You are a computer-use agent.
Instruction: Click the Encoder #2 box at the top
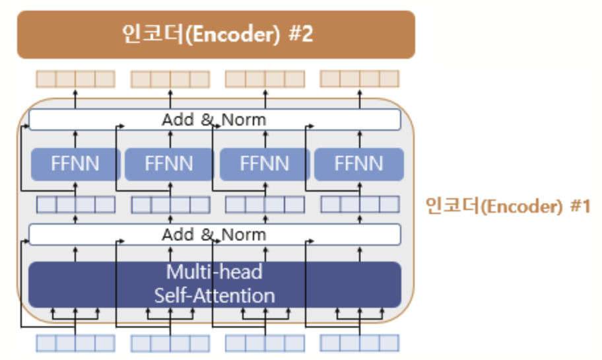point(216,34)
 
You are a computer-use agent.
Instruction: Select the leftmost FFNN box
point(75,164)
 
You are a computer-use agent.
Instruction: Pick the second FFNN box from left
point(170,164)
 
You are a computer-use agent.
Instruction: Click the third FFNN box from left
point(265,164)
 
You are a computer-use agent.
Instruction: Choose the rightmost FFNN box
point(358,164)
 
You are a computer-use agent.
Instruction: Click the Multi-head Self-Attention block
point(215,284)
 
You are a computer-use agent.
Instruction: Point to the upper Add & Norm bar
point(215,120)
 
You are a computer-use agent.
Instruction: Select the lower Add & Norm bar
point(215,234)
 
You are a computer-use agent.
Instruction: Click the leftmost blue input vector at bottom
point(75,343)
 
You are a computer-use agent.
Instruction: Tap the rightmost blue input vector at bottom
point(360,343)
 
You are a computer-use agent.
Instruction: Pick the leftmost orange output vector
point(75,79)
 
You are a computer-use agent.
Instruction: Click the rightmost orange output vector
point(360,79)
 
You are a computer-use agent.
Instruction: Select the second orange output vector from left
point(170,79)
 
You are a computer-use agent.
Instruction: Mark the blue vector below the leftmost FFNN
point(75,205)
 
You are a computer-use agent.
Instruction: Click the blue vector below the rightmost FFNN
point(360,205)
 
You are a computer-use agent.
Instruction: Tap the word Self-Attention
point(215,295)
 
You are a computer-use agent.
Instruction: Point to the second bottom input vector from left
point(170,343)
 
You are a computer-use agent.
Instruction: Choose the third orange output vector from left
point(265,79)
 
